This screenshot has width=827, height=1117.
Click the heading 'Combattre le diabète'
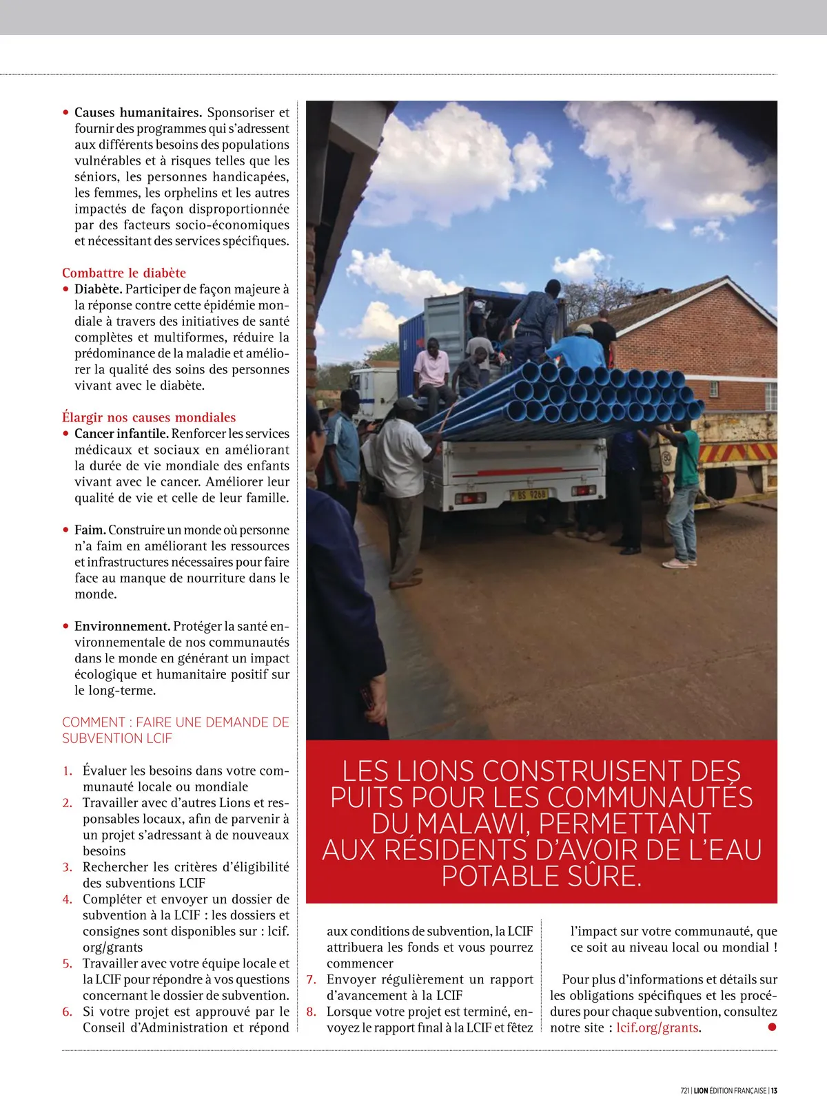(x=124, y=273)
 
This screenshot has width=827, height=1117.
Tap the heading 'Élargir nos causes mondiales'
(x=149, y=417)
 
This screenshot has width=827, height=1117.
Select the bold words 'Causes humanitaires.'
(x=138, y=112)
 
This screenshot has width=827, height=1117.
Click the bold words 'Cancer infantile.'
(x=121, y=434)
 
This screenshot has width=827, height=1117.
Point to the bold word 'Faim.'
(x=90, y=530)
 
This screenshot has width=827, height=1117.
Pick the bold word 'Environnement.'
(x=122, y=627)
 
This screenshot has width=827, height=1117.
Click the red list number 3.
(x=68, y=867)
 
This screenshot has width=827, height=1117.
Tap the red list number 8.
(x=312, y=1012)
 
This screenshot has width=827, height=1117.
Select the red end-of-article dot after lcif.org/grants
(x=772, y=1027)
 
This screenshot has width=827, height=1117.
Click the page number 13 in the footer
(x=774, y=1090)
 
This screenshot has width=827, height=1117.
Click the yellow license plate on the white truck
(x=529, y=494)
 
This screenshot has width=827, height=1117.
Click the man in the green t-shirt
(x=685, y=482)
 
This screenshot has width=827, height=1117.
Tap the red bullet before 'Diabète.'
(x=66, y=289)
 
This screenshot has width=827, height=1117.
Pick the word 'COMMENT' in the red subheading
(x=94, y=722)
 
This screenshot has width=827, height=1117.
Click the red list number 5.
(x=68, y=963)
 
